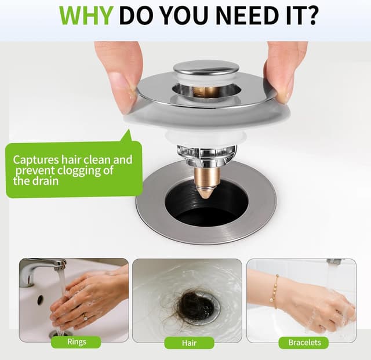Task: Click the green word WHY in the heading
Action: click(x=86, y=16)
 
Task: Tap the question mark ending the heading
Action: click(x=311, y=16)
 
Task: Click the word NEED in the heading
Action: click(x=245, y=16)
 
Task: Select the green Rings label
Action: click(x=76, y=342)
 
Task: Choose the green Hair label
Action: click(x=190, y=343)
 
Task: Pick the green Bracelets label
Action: click(x=304, y=343)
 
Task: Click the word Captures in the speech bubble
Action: click(x=36, y=161)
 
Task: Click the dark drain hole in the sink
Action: click(x=206, y=203)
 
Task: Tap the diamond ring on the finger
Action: click(x=85, y=317)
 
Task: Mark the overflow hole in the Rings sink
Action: click(x=40, y=299)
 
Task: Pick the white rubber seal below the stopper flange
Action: click(x=206, y=137)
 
